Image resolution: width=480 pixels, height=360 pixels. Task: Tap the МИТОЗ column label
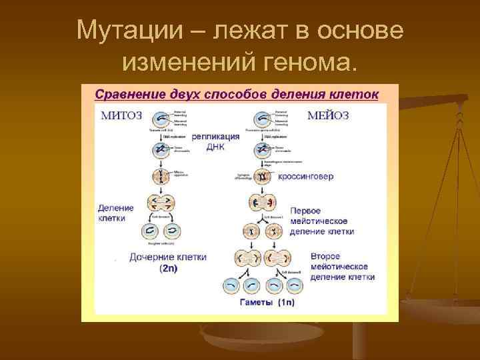(x=121, y=115)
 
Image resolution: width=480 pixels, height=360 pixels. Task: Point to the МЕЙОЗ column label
(x=328, y=115)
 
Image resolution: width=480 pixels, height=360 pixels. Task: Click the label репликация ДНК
(x=215, y=141)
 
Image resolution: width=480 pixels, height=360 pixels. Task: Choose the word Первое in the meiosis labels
(x=309, y=209)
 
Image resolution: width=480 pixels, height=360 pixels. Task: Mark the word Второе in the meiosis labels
(x=325, y=256)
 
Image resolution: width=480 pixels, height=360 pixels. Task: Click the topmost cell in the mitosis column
(x=161, y=119)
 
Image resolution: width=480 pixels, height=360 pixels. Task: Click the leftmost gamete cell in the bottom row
(x=231, y=285)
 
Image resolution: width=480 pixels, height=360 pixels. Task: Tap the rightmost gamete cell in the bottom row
(x=295, y=285)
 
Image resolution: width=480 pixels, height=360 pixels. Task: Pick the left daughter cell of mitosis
(x=150, y=231)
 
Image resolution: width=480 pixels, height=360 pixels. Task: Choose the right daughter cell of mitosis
(x=171, y=231)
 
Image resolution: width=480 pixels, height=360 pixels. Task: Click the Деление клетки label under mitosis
(x=115, y=213)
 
